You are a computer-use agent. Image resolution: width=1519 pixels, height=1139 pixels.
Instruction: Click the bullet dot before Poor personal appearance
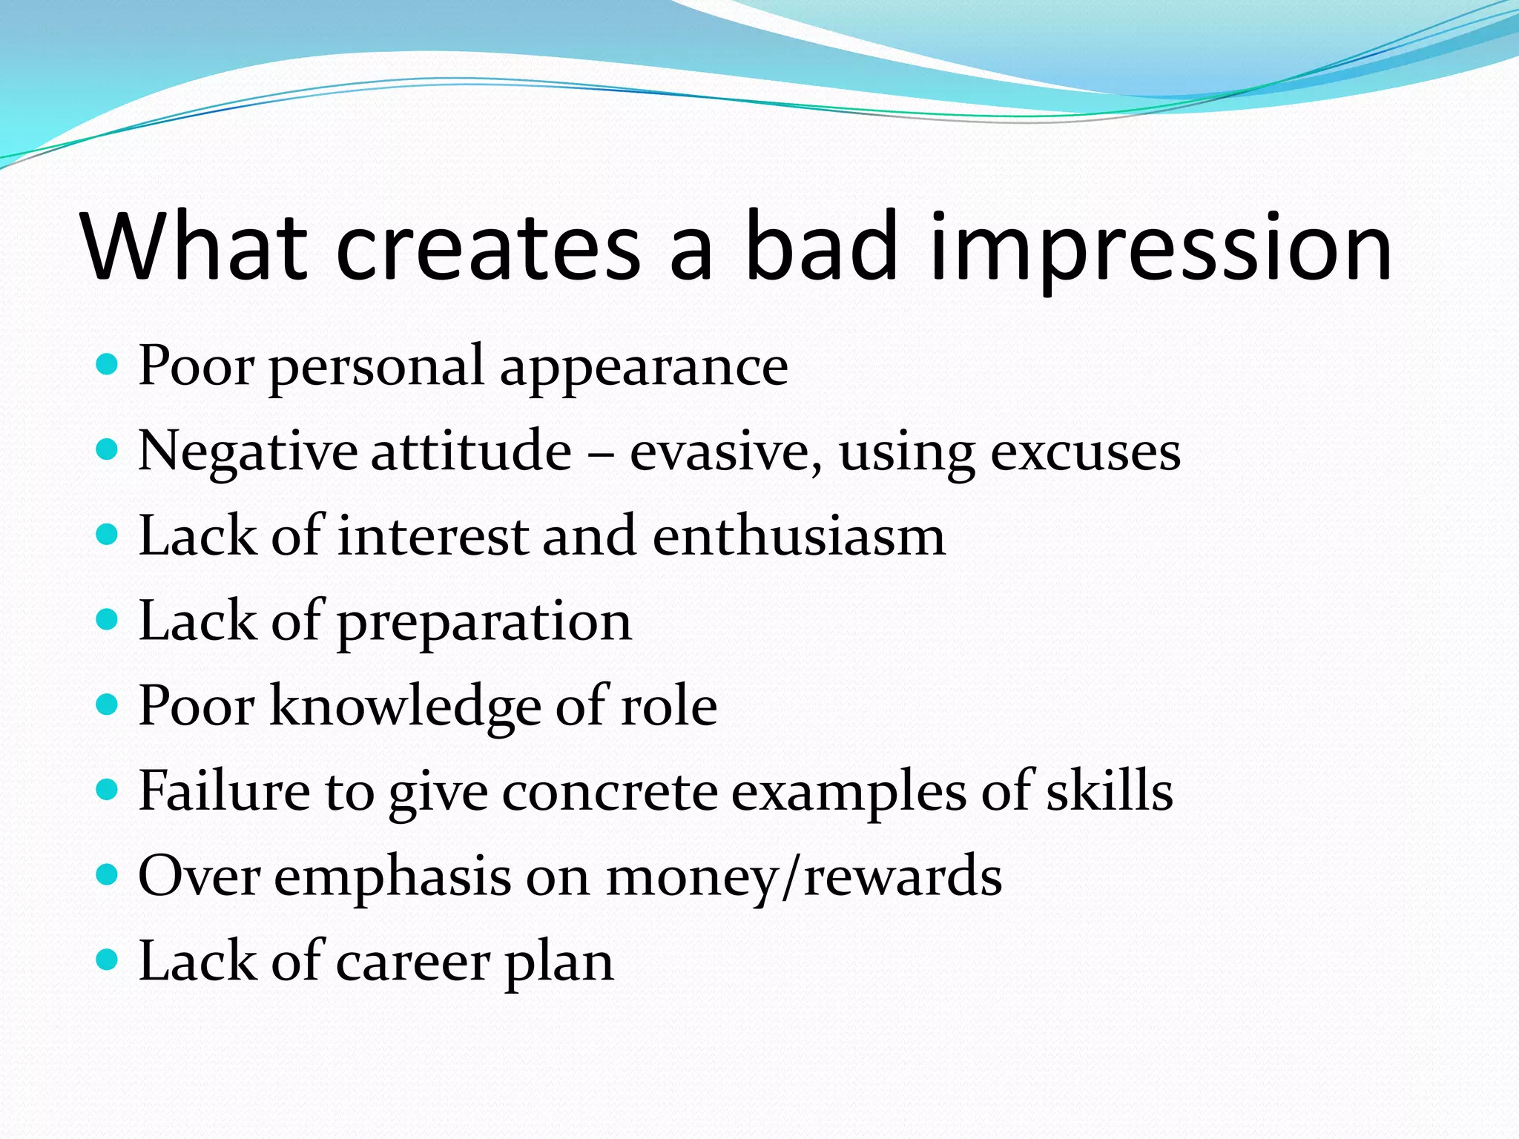(x=108, y=365)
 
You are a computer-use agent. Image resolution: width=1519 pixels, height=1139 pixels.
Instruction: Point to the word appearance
(x=643, y=369)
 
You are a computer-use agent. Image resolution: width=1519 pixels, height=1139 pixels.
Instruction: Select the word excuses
(x=1086, y=452)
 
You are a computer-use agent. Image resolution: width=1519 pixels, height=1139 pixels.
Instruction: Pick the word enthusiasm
(x=799, y=536)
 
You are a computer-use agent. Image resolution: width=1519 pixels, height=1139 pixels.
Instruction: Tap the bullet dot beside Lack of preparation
(x=108, y=619)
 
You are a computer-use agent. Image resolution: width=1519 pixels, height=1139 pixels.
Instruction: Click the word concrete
(x=610, y=791)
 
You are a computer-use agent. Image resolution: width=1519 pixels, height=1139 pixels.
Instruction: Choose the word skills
(x=1109, y=790)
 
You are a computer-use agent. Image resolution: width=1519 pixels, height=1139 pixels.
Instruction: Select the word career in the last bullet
(x=413, y=962)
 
